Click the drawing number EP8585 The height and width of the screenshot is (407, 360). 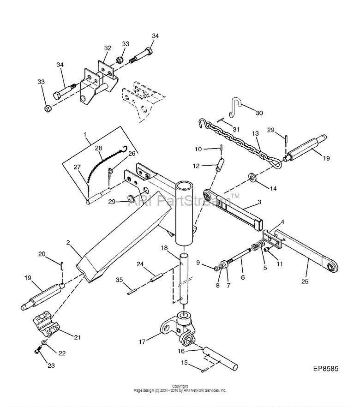tap(325, 369)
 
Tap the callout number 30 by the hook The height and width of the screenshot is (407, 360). tap(259, 113)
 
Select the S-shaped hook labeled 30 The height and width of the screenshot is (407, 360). tap(235, 107)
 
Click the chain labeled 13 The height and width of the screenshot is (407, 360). tap(240, 144)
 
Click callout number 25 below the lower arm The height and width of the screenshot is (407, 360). tap(305, 281)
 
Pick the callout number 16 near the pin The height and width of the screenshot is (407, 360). tap(181, 351)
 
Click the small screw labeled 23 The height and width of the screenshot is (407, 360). tap(37, 351)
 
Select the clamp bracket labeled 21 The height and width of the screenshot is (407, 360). tap(46, 325)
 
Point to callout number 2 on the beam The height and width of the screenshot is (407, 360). tap(68, 242)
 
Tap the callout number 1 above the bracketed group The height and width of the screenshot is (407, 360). tap(84, 134)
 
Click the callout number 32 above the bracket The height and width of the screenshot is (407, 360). tap(108, 48)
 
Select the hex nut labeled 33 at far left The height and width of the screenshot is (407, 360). tap(48, 108)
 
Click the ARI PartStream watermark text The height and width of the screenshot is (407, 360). tap(184, 200)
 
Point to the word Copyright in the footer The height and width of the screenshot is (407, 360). tap(180, 386)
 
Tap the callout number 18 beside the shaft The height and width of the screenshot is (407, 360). tap(164, 248)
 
